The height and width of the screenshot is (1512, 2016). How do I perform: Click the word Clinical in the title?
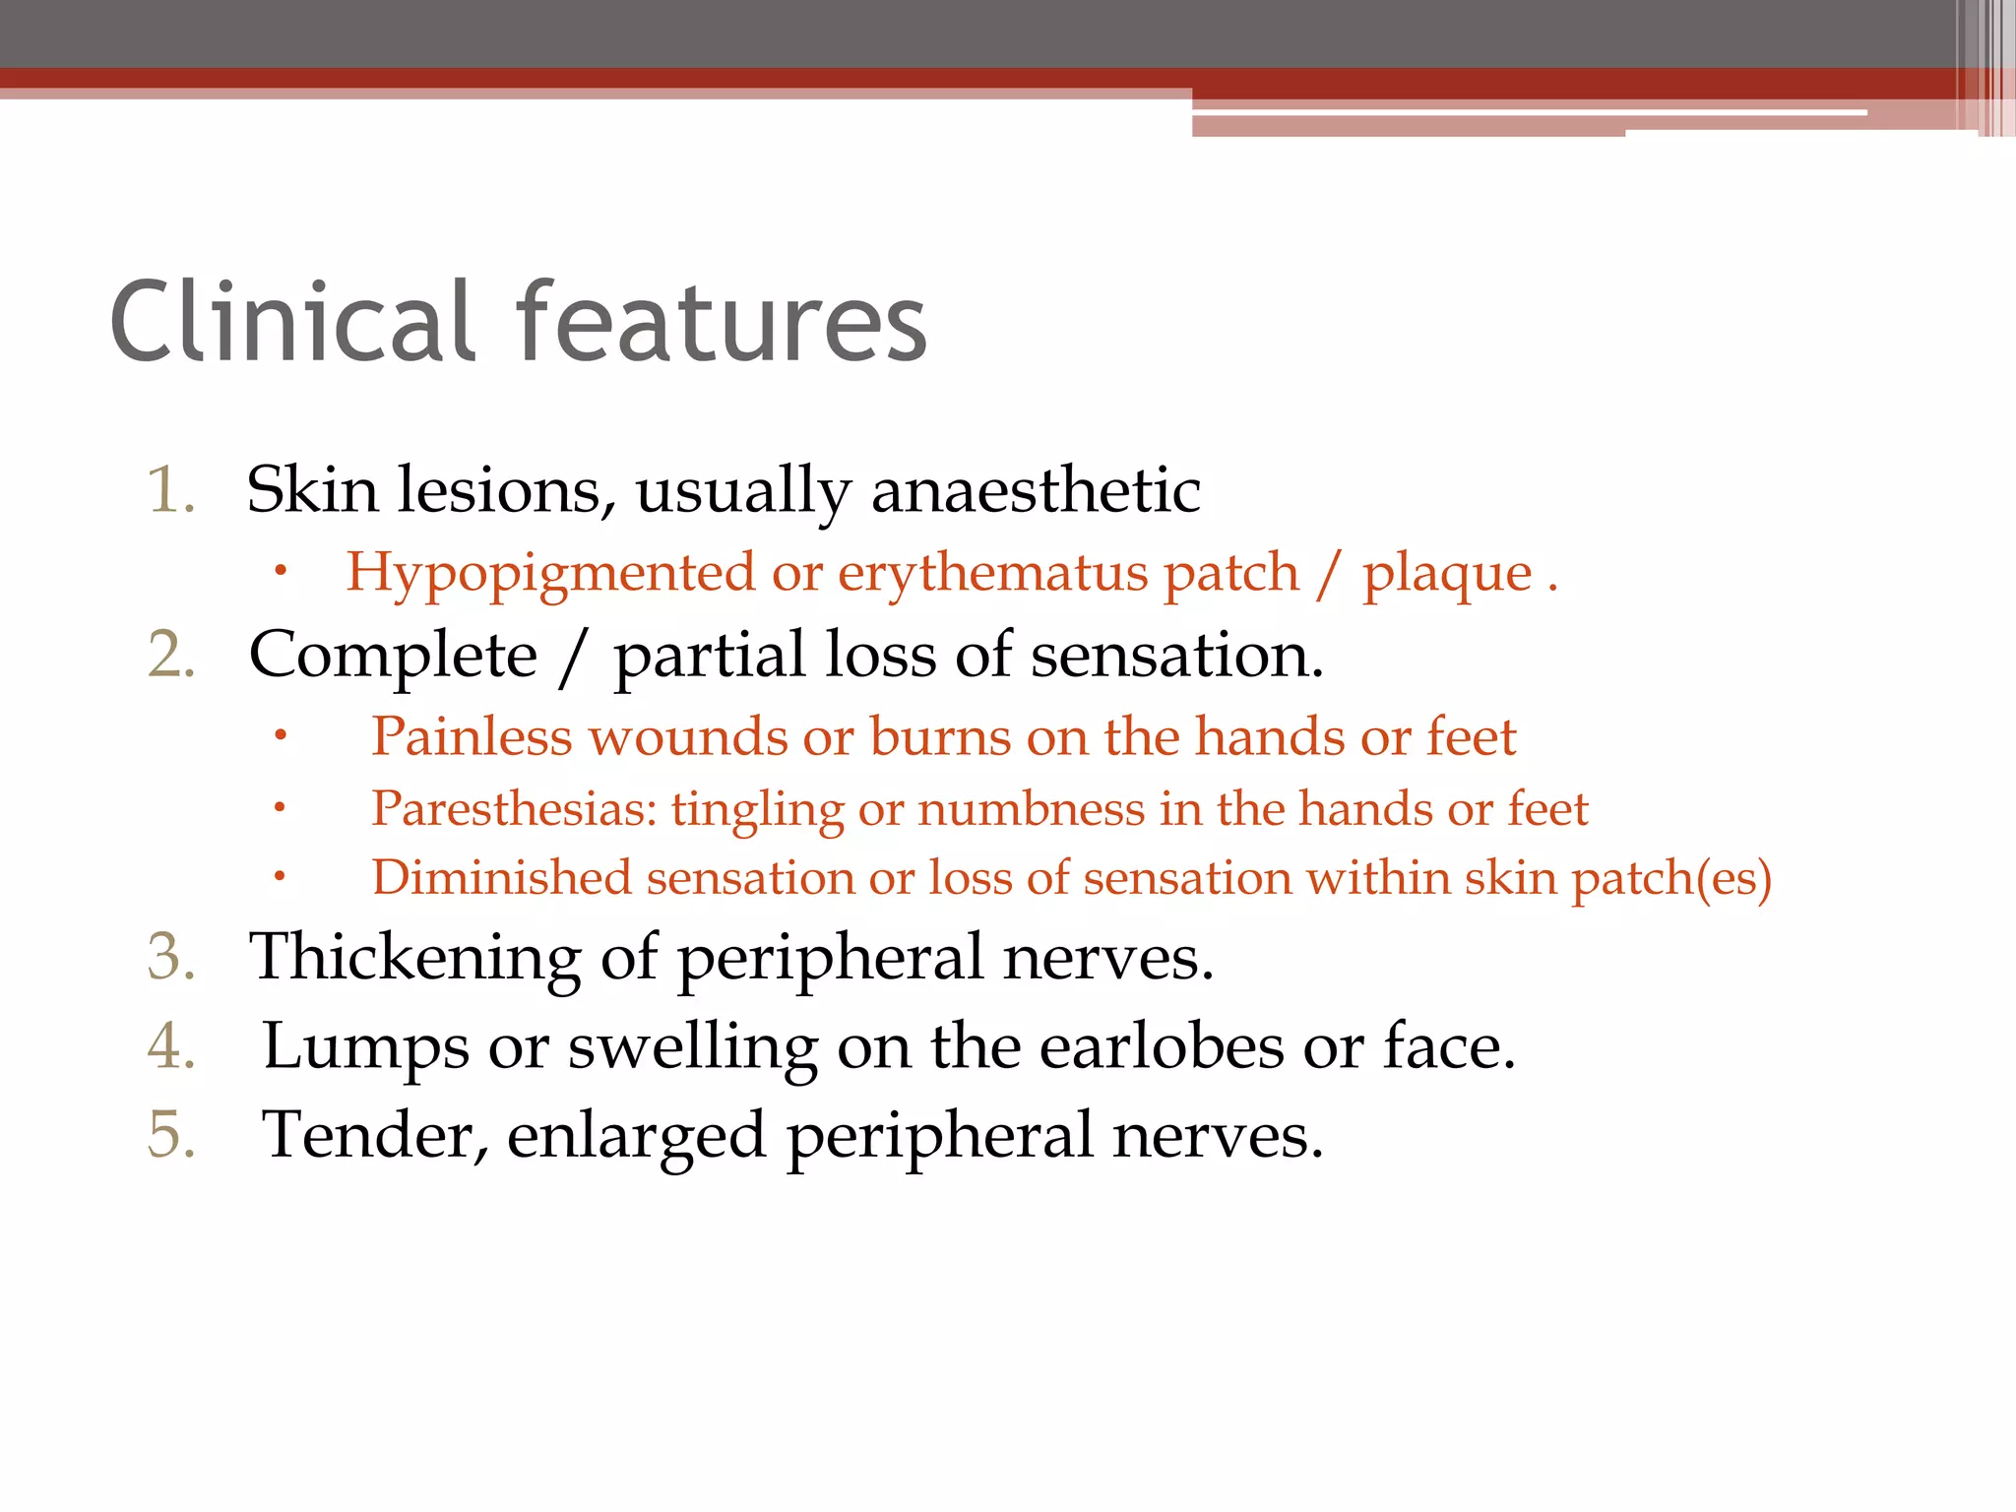pos(293,321)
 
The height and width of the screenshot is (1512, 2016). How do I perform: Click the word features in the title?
pos(722,321)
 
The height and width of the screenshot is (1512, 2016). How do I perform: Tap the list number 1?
pos(170,490)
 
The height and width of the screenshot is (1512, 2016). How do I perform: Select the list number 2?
pos(171,656)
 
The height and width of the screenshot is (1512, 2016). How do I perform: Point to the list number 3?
pos(171,957)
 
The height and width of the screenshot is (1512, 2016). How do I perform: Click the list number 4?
pos(171,1045)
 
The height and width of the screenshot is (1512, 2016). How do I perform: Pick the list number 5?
pos(171,1134)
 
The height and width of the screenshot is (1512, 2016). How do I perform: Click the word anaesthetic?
pos(1036,490)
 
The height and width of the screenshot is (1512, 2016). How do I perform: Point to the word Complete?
pos(393,656)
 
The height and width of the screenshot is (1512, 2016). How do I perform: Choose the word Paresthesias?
pos(514,809)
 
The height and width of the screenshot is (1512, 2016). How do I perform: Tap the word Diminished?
pos(501,878)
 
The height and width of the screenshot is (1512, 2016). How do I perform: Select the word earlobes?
pos(1162,1045)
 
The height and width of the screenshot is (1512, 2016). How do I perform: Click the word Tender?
pos(374,1136)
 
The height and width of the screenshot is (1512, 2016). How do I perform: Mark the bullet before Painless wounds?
pos(281,735)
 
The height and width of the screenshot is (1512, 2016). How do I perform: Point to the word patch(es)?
pos(1670,878)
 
